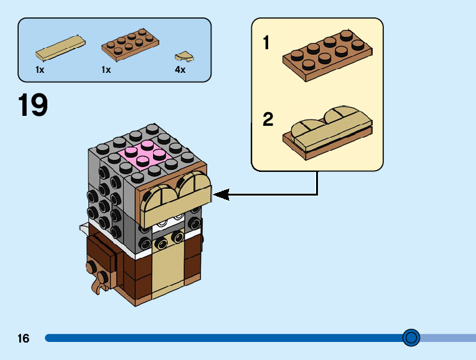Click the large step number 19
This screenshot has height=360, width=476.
(33, 105)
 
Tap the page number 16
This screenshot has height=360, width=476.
(24, 339)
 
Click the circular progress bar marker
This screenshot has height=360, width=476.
(411, 338)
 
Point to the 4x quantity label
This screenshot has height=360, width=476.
(180, 70)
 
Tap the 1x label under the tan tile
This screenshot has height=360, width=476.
(40, 70)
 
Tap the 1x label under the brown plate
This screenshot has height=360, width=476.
(106, 70)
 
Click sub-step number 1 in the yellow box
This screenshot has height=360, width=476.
(267, 44)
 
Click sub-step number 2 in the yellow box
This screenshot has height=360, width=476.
(268, 120)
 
